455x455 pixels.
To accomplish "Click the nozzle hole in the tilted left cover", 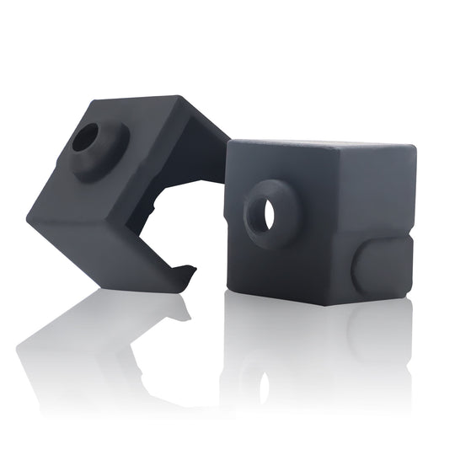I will click(84, 140).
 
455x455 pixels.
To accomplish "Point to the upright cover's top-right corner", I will click(413, 149).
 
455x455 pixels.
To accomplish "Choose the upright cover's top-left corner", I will click(230, 142).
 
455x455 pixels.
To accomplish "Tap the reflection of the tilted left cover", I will click(101, 337).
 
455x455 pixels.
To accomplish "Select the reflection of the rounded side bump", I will click(379, 329).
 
